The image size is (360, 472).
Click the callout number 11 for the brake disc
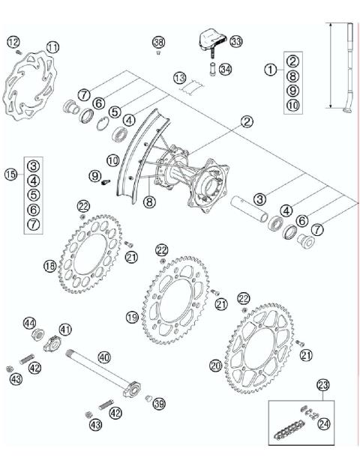52,46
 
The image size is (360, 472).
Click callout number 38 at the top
157,41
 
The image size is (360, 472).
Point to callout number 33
236,40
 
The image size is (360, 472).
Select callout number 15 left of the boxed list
10,174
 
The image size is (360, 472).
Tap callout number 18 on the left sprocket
49,265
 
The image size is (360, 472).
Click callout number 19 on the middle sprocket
132,318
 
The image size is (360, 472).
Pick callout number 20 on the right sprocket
215,365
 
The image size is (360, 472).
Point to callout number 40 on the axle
103,357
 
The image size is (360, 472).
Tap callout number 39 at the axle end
158,404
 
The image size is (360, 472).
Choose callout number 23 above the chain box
323,387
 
